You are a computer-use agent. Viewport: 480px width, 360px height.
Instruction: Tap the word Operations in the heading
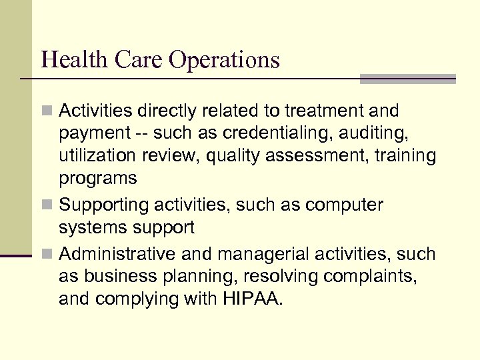[x=224, y=61]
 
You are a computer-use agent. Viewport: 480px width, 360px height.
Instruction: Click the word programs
[x=97, y=179]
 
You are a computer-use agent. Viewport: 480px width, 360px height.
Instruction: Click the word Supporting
[x=107, y=205]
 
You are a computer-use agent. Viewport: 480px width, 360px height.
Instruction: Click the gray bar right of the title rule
[x=407, y=79]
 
